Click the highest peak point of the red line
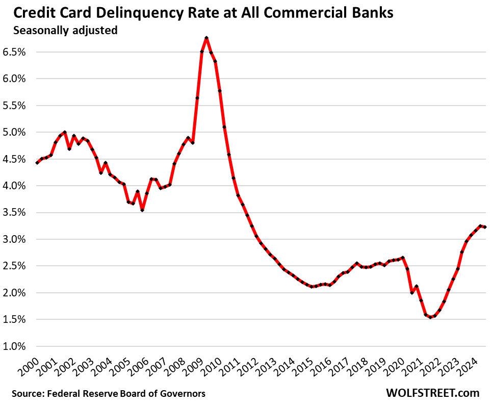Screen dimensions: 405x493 pos(206,38)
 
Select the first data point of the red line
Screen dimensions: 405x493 pos(37,163)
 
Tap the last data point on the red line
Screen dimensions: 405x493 pos(484,227)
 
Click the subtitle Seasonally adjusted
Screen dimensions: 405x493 pos(65,31)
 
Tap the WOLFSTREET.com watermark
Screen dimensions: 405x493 pos(433,393)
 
